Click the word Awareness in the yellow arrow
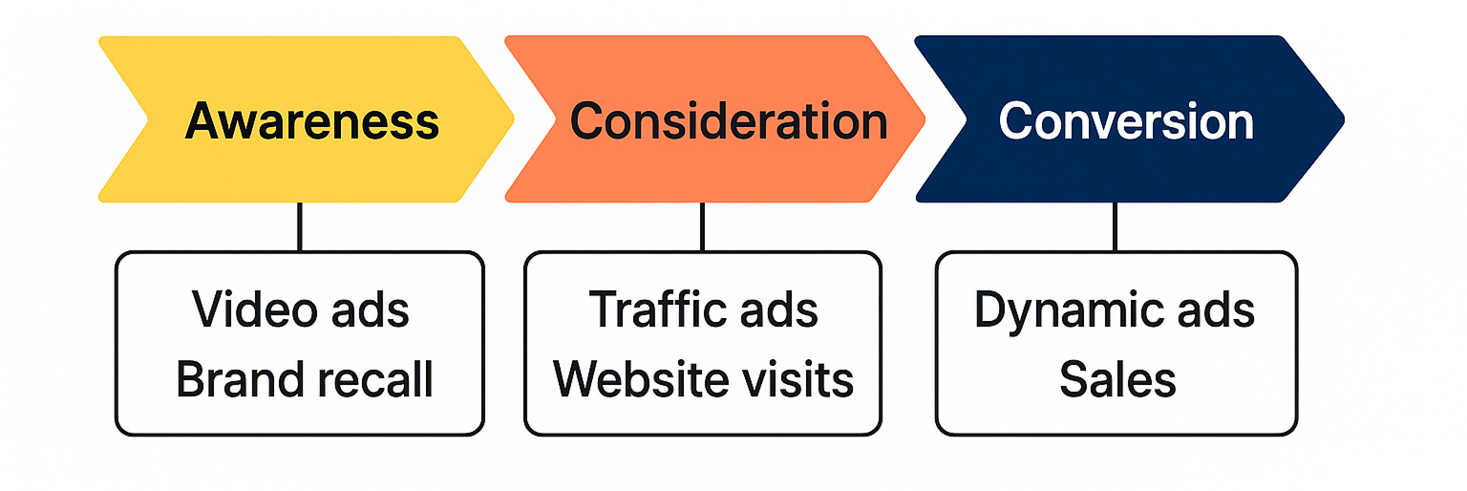(312, 121)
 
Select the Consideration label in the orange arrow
(728, 121)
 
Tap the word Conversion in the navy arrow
(1126, 121)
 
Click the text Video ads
(301, 310)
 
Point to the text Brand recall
(305, 379)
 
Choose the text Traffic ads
(703, 310)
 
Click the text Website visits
(703, 379)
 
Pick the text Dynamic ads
(1115, 310)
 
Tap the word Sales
(1116, 379)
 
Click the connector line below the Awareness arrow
(300, 226)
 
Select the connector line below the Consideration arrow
(703, 226)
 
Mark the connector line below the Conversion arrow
(1115, 226)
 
